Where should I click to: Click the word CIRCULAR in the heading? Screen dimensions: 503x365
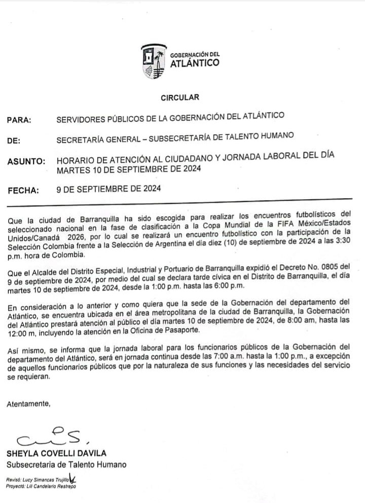pyautogui.click(x=180, y=97)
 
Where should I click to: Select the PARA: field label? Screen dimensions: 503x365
pyautogui.click(x=19, y=120)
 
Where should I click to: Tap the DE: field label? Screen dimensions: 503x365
pyautogui.click(x=14, y=141)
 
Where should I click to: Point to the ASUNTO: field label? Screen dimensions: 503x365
pyautogui.click(x=26, y=162)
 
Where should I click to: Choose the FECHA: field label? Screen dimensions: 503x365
pyautogui.click(x=23, y=191)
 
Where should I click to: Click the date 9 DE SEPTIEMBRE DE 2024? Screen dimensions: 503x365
pyautogui.click(x=109, y=190)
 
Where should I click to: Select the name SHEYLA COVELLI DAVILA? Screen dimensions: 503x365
pyautogui.click(x=56, y=453)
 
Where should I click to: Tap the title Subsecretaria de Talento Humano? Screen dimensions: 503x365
pyautogui.click(x=66, y=464)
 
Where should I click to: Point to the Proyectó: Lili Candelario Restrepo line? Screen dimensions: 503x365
pyautogui.click(x=41, y=487)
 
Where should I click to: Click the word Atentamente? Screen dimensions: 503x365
pyautogui.click(x=29, y=404)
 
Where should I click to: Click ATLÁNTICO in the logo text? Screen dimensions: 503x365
pyautogui.click(x=195, y=63)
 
